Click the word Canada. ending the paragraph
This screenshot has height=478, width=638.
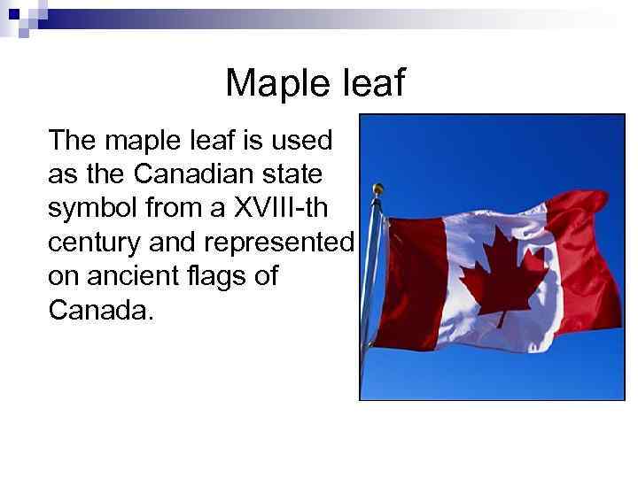(x=101, y=311)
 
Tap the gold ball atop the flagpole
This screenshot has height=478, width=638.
(x=378, y=189)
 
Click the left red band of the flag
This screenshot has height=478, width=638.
(x=417, y=274)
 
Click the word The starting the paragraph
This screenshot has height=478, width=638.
(x=74, y=140)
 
